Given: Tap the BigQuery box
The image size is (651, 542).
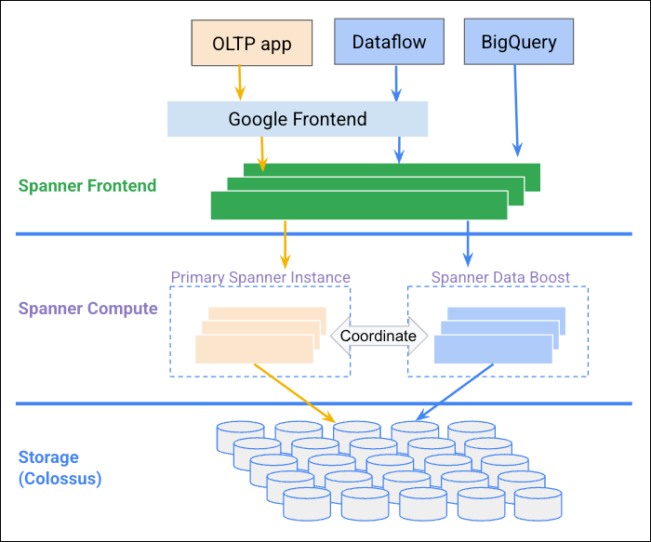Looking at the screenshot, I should tap(518, 42).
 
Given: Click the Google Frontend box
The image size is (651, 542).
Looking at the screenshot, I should tap(298, 119).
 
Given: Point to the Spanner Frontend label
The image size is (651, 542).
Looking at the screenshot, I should tap(87, 186).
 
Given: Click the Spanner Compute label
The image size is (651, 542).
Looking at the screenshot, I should tap(87, 309).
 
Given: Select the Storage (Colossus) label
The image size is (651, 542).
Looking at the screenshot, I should tap(60, 469).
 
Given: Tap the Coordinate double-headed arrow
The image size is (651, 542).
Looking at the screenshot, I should tap(378, 336).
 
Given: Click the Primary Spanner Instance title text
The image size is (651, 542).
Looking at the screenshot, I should tap(260, 277).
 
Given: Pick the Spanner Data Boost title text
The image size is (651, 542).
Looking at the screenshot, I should tap(500, 277).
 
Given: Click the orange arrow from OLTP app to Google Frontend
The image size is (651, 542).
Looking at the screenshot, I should tap(240, 82).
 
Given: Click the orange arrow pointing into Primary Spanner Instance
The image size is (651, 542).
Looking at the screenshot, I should tap(285, 243).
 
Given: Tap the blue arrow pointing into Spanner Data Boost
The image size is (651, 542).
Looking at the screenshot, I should tap(468, 243).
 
